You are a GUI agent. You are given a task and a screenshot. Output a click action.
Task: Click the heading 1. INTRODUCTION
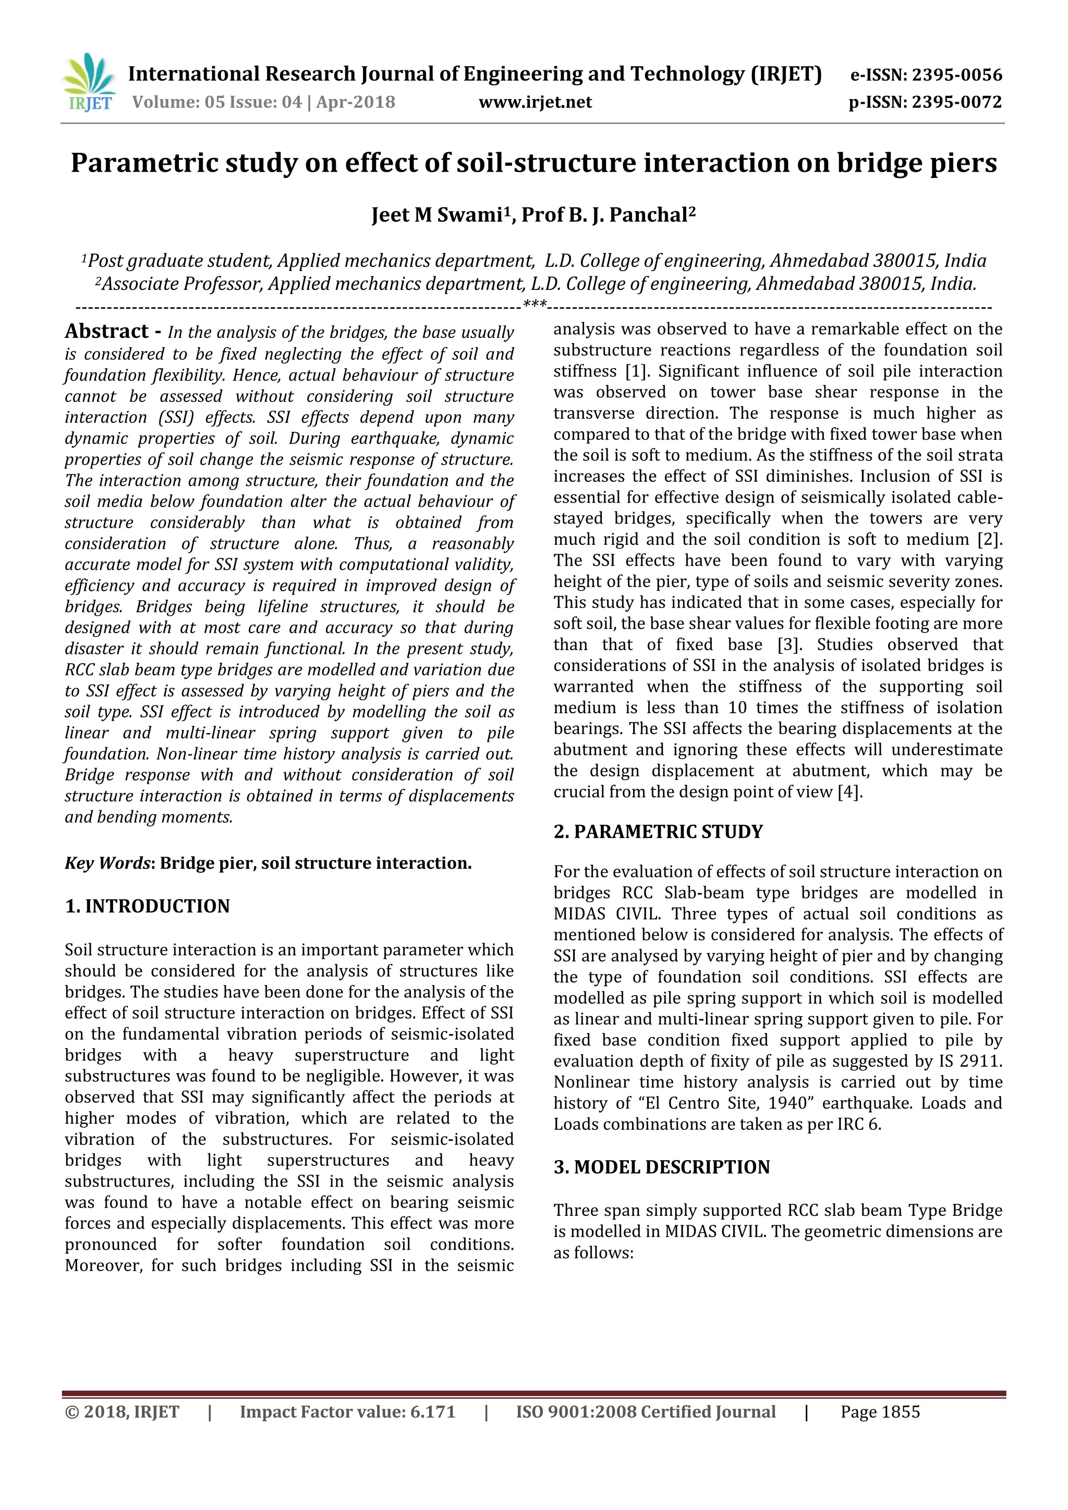[x=147, y=906]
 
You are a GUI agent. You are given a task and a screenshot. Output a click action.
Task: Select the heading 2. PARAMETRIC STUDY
[x=658, y=832]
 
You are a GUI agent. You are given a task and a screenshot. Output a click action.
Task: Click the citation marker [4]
[x=848, y=792]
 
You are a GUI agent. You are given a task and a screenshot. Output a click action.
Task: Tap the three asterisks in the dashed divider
[x=534, y=305]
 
